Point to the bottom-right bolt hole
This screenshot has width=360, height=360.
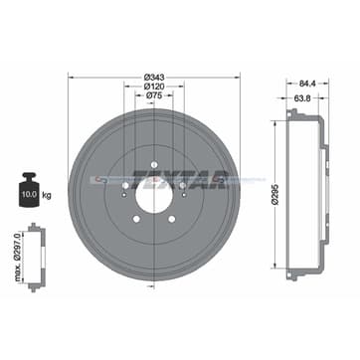tap(169, 220)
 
